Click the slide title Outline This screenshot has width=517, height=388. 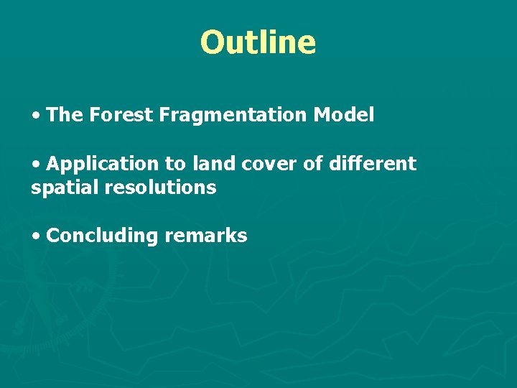(x=258, y=42)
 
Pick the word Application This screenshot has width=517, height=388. (x=104, y=165)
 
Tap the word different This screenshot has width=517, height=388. (x=372, y=164)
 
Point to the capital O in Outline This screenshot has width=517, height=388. (x=213, y=42)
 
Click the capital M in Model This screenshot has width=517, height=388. (x=322, y=115)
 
